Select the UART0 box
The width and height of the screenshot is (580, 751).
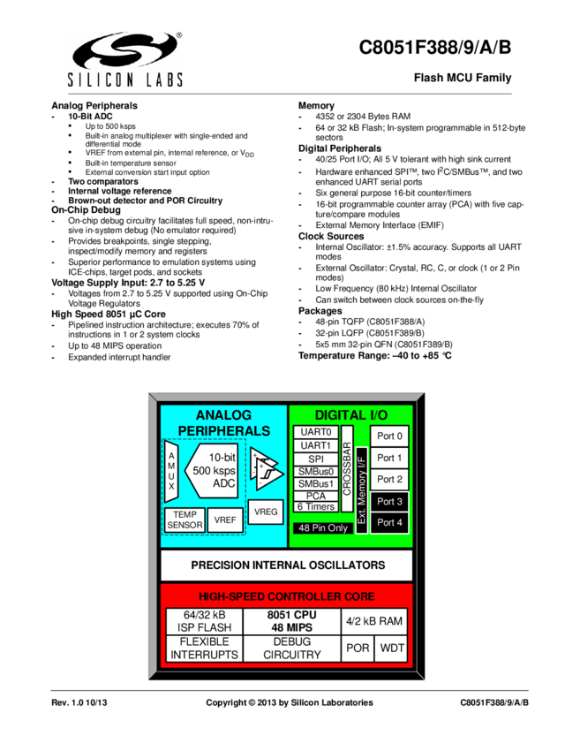tap(315, 433)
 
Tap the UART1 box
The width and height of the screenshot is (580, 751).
tap(315, 446)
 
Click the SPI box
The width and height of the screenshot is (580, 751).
tap(315, 459)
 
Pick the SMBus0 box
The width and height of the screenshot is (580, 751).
tap(315, 473)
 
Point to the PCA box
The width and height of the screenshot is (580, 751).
tap(315, 497)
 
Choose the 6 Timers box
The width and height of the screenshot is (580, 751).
tap(315, 507)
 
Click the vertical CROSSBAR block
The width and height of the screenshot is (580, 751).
tap(347, 468)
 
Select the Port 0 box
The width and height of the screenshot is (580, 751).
tap(389, 436)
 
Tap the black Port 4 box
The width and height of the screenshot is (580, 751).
tap(389, 522)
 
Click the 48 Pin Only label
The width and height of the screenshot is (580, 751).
tap(322, 527)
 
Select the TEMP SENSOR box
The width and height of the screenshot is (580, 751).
tap(185, 520)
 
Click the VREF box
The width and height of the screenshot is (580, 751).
tap(225, 520)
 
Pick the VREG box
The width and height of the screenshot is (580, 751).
tap(266, 512)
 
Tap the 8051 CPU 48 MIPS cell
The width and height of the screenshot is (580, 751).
tap(291, 621)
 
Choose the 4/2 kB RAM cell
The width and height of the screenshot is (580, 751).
tap(377, 621)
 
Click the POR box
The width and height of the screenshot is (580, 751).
tap(358, 649)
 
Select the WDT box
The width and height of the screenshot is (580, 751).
tap(393, 649)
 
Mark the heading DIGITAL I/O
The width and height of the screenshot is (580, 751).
tap(350, 414)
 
